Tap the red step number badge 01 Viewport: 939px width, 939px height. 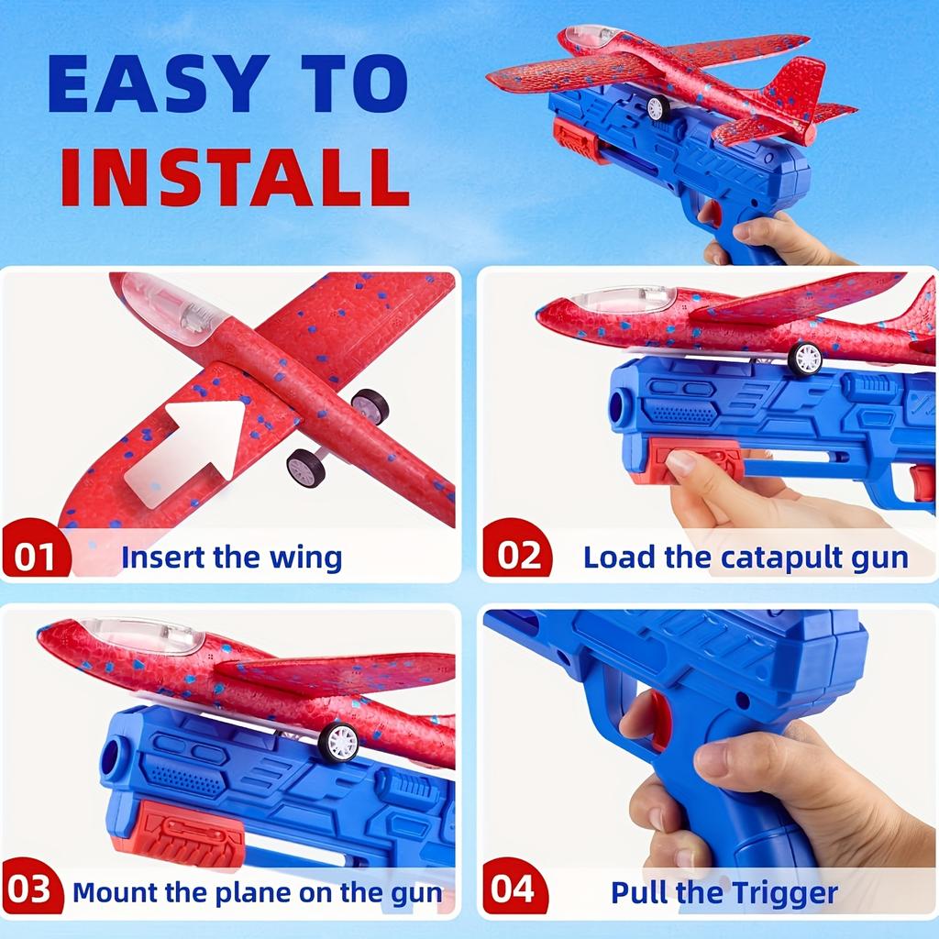[35, 557]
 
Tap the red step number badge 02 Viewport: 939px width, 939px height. [517, 557]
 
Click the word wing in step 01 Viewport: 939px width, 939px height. [306, 557]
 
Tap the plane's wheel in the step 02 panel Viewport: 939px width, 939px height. [805, 359]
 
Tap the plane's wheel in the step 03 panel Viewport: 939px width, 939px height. [338, 741]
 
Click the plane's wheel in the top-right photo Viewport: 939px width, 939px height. [657, 108]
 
